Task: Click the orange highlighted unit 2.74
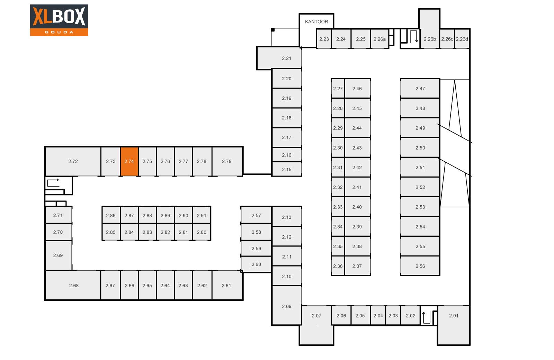click(129, 161)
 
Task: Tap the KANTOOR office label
click(316, 21)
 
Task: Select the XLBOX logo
click(59, 20)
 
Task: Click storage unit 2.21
click(286, 58)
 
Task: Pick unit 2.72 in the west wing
click(73, 161)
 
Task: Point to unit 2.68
click(74, 286)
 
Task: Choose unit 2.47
click(420, 89)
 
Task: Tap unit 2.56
click(420, 266)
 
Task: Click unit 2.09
click(286, 306)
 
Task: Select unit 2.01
click(454, 316)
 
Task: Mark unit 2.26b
click(430, 39)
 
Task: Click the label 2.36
click(338, 266)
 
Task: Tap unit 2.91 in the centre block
click(202, 215)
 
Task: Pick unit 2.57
click(256, 215)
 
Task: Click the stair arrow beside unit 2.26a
click(414, 36)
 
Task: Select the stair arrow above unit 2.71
click(53, 182)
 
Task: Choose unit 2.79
click(227, 161)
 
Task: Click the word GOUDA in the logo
click(59, 32)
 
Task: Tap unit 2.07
click(316, 316)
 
